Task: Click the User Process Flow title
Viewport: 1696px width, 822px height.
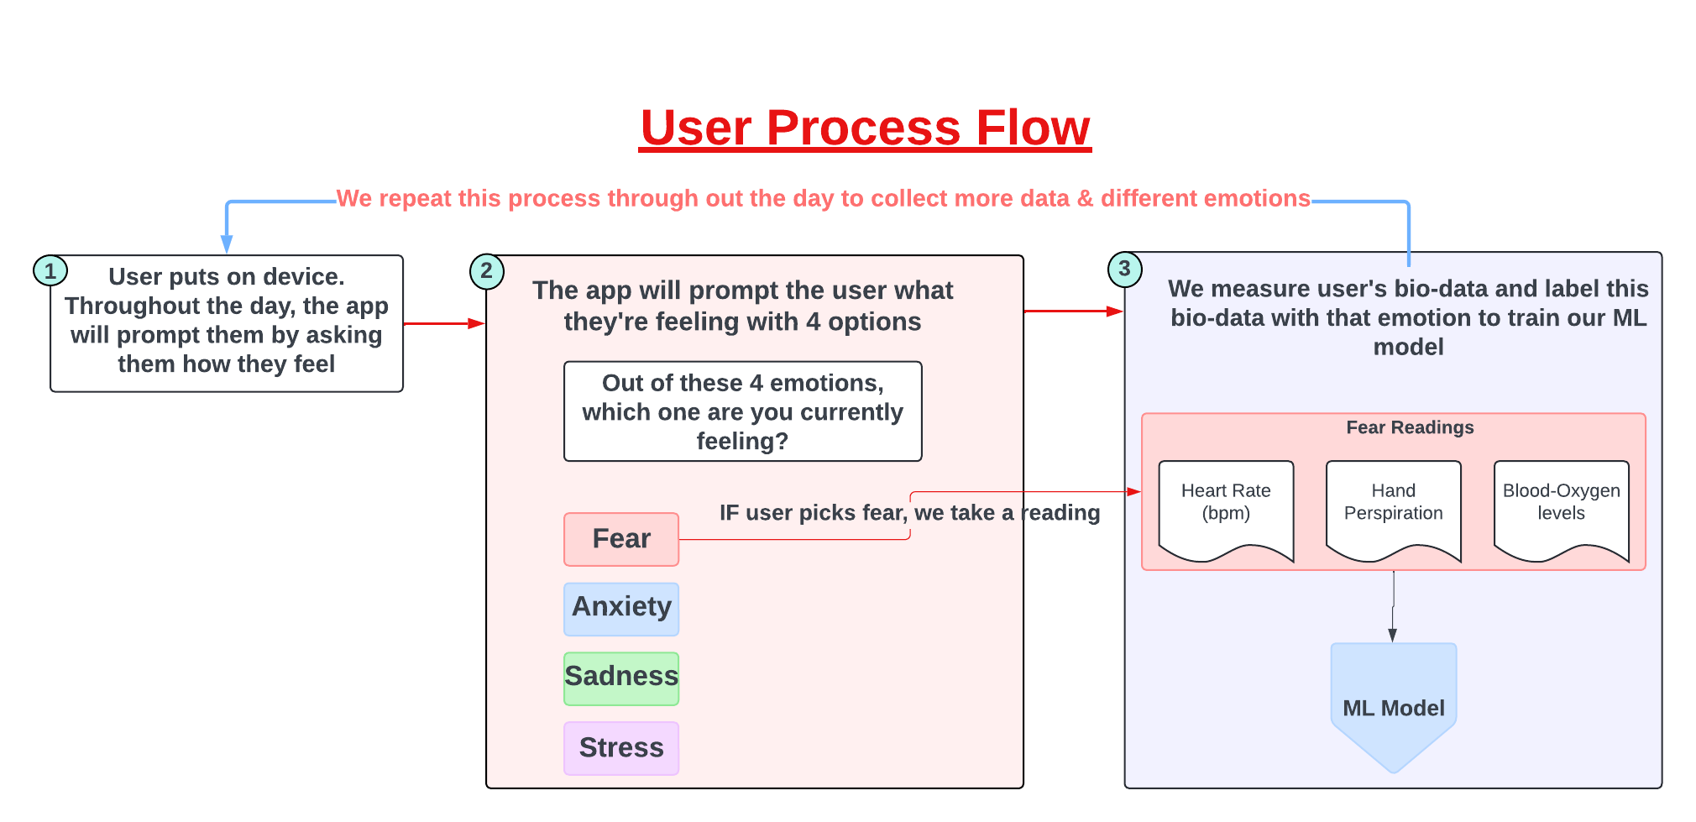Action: [x=865, y=128]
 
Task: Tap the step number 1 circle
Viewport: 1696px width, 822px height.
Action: [x=50, y=270]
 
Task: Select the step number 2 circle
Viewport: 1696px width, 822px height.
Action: [x=487, y=271]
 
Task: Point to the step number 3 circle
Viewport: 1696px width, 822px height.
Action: [x=1124, y=269]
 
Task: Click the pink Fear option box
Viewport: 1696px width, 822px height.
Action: [x=621, y=539]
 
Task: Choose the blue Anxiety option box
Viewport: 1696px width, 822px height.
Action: [x=621, y=608]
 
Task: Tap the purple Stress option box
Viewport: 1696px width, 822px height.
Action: [x=621, y=747]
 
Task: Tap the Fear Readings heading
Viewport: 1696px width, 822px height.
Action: [x=1410, y=427]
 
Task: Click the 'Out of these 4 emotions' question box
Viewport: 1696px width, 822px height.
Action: [x=743, y=411]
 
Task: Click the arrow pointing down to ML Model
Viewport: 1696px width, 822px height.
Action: [x=1393, y=609]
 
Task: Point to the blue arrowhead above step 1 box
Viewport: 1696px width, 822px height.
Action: [x=227, y=244]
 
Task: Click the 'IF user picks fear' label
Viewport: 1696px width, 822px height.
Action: [x=909, y=513]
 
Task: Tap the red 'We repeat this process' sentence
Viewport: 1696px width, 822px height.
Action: [x=823, y=198]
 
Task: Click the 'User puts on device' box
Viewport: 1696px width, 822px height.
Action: [x=227, y=323]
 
